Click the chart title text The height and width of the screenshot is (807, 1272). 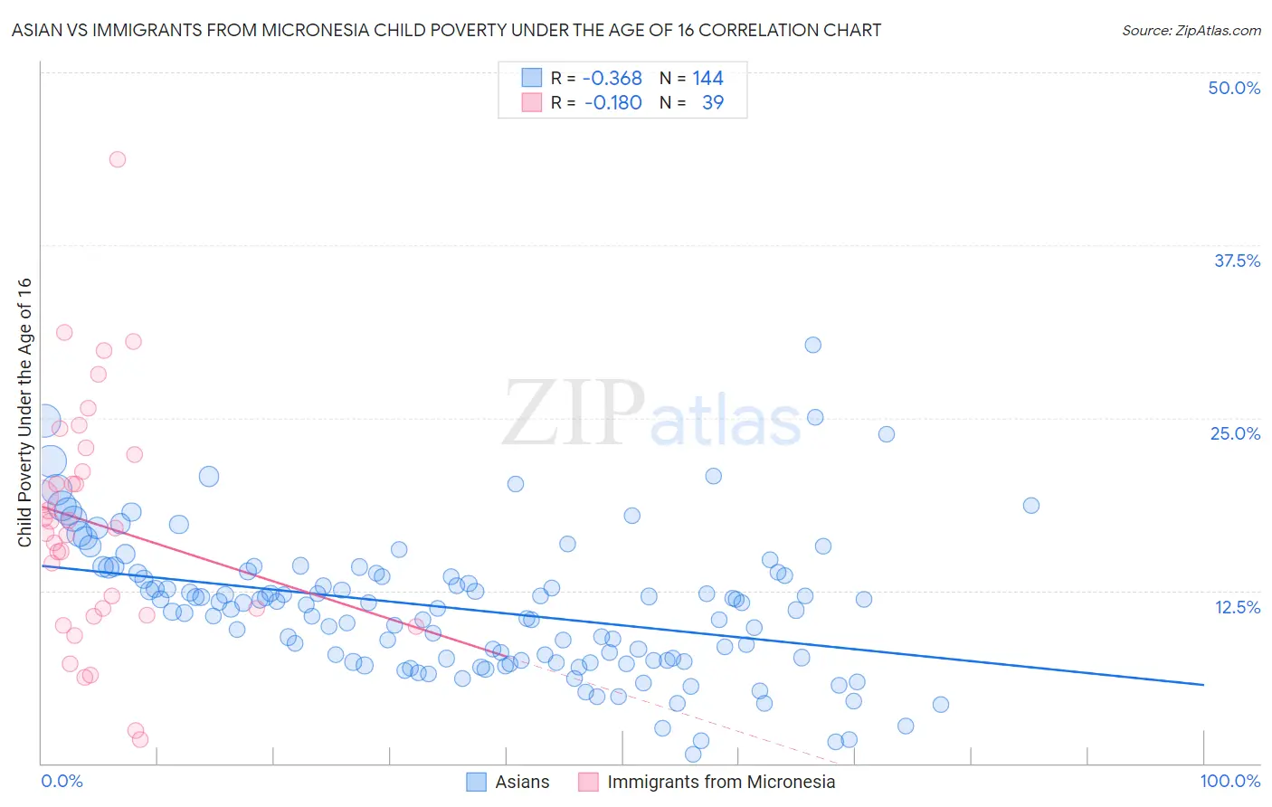[446, 30]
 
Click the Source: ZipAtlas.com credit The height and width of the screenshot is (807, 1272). [1191, 30]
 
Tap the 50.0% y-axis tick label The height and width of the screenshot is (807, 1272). [1234, 88]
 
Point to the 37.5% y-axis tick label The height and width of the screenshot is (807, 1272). [1237, 261]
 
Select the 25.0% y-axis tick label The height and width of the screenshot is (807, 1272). [1235, 433]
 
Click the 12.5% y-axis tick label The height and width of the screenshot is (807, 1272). [1237, 607]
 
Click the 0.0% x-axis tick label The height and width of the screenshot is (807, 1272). [62, 781]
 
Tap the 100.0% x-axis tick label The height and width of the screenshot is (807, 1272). [1229, 781]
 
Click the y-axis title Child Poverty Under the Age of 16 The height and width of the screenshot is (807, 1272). [24, 412]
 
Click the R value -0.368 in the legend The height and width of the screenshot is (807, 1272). [612, 78]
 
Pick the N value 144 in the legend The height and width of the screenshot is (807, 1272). [707, 78]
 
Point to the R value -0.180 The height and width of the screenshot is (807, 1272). [612, 102]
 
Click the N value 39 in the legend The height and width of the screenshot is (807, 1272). [712, 102]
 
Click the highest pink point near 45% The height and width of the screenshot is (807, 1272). [117, 159]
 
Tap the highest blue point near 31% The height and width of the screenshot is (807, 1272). [812, 345]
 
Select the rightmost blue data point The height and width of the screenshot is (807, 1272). [1030, 506]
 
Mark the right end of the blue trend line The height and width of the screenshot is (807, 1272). [1203, 685]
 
